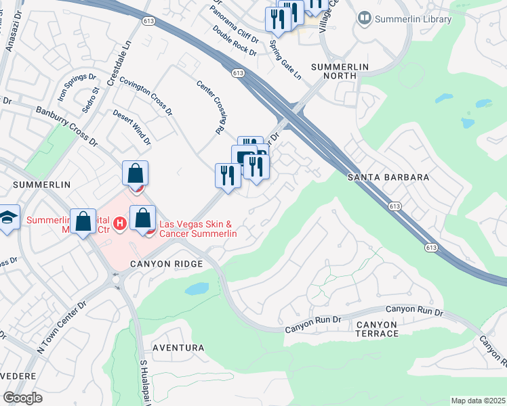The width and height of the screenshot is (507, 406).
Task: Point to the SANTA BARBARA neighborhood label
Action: (388, 177)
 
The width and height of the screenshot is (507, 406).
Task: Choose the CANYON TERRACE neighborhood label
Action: (377, 330)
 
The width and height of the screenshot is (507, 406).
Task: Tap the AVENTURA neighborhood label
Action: (178, 348)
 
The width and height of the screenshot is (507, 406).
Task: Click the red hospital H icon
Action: (120, 222)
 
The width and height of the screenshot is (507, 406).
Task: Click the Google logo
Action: (22, 397)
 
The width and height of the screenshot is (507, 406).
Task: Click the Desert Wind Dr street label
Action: (131, 128)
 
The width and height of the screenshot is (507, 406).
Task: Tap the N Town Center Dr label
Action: (62, 328)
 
